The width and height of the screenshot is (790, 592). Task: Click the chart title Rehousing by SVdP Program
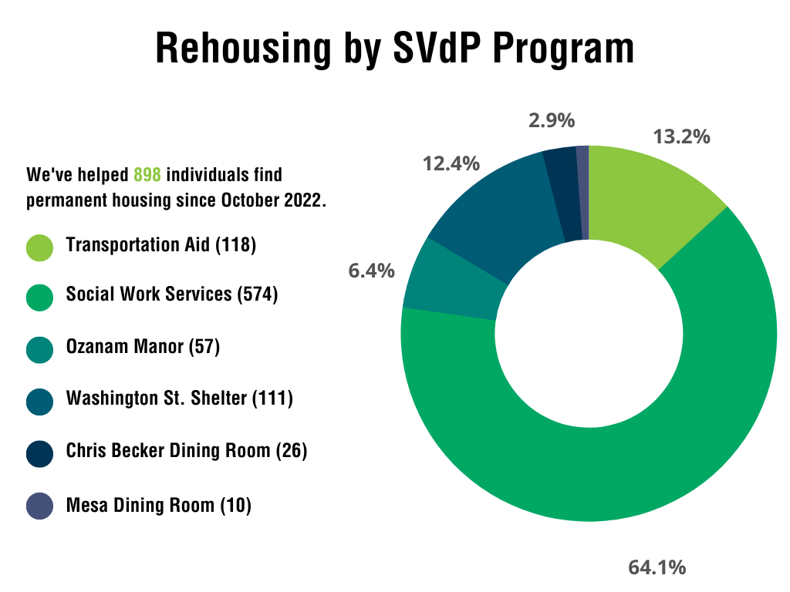coord(395,49)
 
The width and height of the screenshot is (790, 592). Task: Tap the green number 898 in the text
coord(147,174)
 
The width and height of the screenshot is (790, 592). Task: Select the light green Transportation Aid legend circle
coord(39,247)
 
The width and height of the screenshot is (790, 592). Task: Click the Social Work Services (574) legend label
coord(172,294)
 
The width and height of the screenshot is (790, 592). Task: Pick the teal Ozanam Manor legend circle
coord(39,348)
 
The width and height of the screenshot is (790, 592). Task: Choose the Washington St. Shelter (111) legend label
coord(180,399)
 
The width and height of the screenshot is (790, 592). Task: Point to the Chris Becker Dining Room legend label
coord(187,450)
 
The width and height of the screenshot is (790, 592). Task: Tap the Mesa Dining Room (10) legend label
coord(159,506)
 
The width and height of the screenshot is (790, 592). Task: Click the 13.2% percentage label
coord(681,137)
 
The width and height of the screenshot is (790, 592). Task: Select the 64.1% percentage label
coord(657,568)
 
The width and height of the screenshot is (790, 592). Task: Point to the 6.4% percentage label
coord(371,271)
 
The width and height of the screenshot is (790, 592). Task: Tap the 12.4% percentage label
coord(451,163)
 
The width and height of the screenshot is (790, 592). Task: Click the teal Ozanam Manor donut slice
coord(451,281)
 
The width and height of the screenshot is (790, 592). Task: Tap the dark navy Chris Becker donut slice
coord(561,193)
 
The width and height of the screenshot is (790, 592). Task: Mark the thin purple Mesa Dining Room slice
coord(583,192)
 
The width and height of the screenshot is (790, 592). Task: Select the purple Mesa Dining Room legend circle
coord(39,506)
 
